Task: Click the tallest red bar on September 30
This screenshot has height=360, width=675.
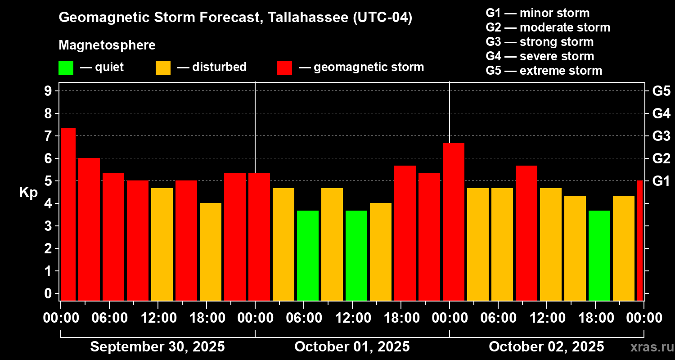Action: [x=68, y=214]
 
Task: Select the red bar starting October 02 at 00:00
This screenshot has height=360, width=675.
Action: [x=454, y=221]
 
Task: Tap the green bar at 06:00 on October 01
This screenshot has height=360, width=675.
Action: [x=308, y=255]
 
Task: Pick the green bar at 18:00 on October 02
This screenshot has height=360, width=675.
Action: [x=599, y=255]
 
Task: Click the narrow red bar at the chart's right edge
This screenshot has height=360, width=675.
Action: [x=640, y=240]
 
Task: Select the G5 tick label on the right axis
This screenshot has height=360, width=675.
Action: [x=661, y=91]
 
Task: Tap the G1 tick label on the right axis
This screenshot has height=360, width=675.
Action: [x=661, y=181]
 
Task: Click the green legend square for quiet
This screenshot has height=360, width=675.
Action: [x=66, y=68]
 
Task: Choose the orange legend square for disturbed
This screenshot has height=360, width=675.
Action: [x=163, y=68]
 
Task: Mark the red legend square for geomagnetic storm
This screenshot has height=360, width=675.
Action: [x=284, y=68]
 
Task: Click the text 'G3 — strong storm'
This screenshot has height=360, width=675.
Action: [x=540, y=42]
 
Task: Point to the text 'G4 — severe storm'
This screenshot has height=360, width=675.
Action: [x=540, y=56]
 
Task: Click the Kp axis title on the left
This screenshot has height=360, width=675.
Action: [x=28, y=192]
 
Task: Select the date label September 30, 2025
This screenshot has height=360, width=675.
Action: [x=157, y=347]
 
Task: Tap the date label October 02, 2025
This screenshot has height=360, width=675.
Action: [x=546, y=347]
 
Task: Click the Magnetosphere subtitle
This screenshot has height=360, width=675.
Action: [x=107, y=45]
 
